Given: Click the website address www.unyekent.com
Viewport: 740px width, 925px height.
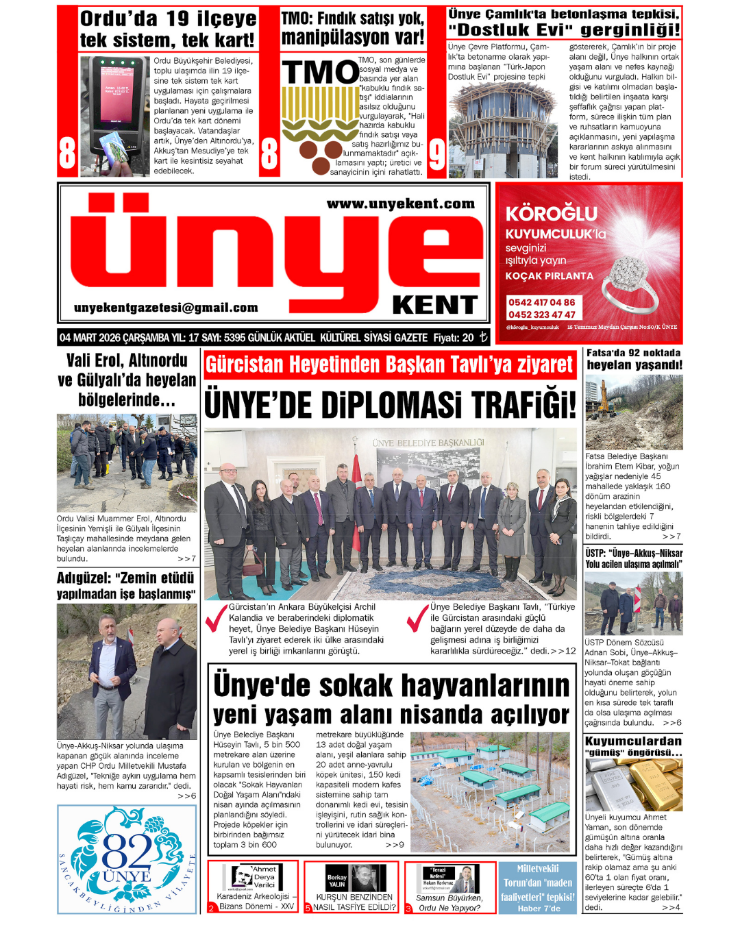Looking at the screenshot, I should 400,203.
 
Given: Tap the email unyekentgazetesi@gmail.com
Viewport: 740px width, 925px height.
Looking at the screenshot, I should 166,308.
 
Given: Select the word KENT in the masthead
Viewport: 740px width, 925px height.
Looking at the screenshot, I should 434,305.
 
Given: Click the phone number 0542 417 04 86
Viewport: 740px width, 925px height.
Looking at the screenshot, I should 541,302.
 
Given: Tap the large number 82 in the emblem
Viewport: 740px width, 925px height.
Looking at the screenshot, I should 127,852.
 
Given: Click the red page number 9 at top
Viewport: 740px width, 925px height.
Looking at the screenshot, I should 436,156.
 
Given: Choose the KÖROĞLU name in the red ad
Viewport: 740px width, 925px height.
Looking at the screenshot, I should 552,214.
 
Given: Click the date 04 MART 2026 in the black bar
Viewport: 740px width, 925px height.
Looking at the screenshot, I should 89,337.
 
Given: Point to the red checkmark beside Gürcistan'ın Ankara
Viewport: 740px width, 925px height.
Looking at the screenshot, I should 217,618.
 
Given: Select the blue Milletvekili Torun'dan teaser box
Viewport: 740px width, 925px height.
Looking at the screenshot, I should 538,887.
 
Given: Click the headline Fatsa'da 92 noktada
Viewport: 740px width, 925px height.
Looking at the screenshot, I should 634,353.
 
